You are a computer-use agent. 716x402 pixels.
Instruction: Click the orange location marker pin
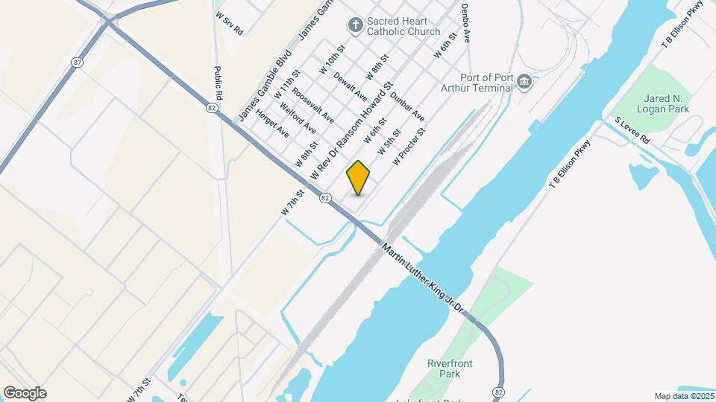tap(359, 177)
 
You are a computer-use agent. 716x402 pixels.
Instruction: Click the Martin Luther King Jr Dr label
tap(423, 278)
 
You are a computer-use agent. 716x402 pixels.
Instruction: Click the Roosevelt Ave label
tap(313, 106)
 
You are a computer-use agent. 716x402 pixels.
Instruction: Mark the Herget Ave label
tap(271, 124)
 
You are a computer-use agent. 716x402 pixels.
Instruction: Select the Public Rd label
tap(219, 83)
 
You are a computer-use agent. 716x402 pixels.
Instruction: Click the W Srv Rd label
tap(229, 24)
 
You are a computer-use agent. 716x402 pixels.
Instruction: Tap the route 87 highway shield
tap(78, 63)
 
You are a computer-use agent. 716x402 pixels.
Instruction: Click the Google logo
tap(25, 392)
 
